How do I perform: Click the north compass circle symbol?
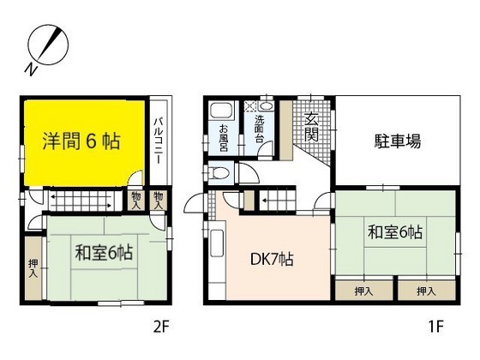point(46,44)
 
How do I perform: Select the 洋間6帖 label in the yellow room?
point(82,141)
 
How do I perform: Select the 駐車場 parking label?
point(395,141)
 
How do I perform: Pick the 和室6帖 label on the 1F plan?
point(396,231)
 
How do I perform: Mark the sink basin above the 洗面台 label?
point(266,106)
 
